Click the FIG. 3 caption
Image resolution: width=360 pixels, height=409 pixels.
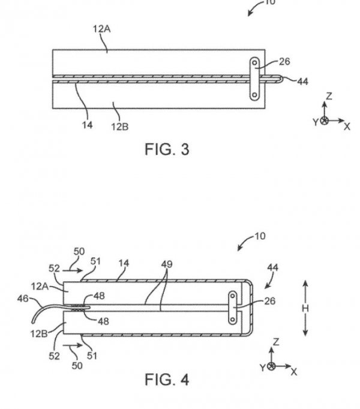pyautogui.click(x=167, y=149)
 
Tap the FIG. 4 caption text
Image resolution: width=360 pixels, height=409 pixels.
pyautogui.click(x=167, y=380)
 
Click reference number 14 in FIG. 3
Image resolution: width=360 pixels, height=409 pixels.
pyautogui.click(x=87, y=126)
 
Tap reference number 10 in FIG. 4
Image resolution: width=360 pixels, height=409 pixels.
pyautogui.click(x=260, y=236)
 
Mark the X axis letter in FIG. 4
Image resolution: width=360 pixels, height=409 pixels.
pyautogui.click(x=294, y=372)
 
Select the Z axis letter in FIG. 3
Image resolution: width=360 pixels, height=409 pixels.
pyautogui.click(x=329, y=96)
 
